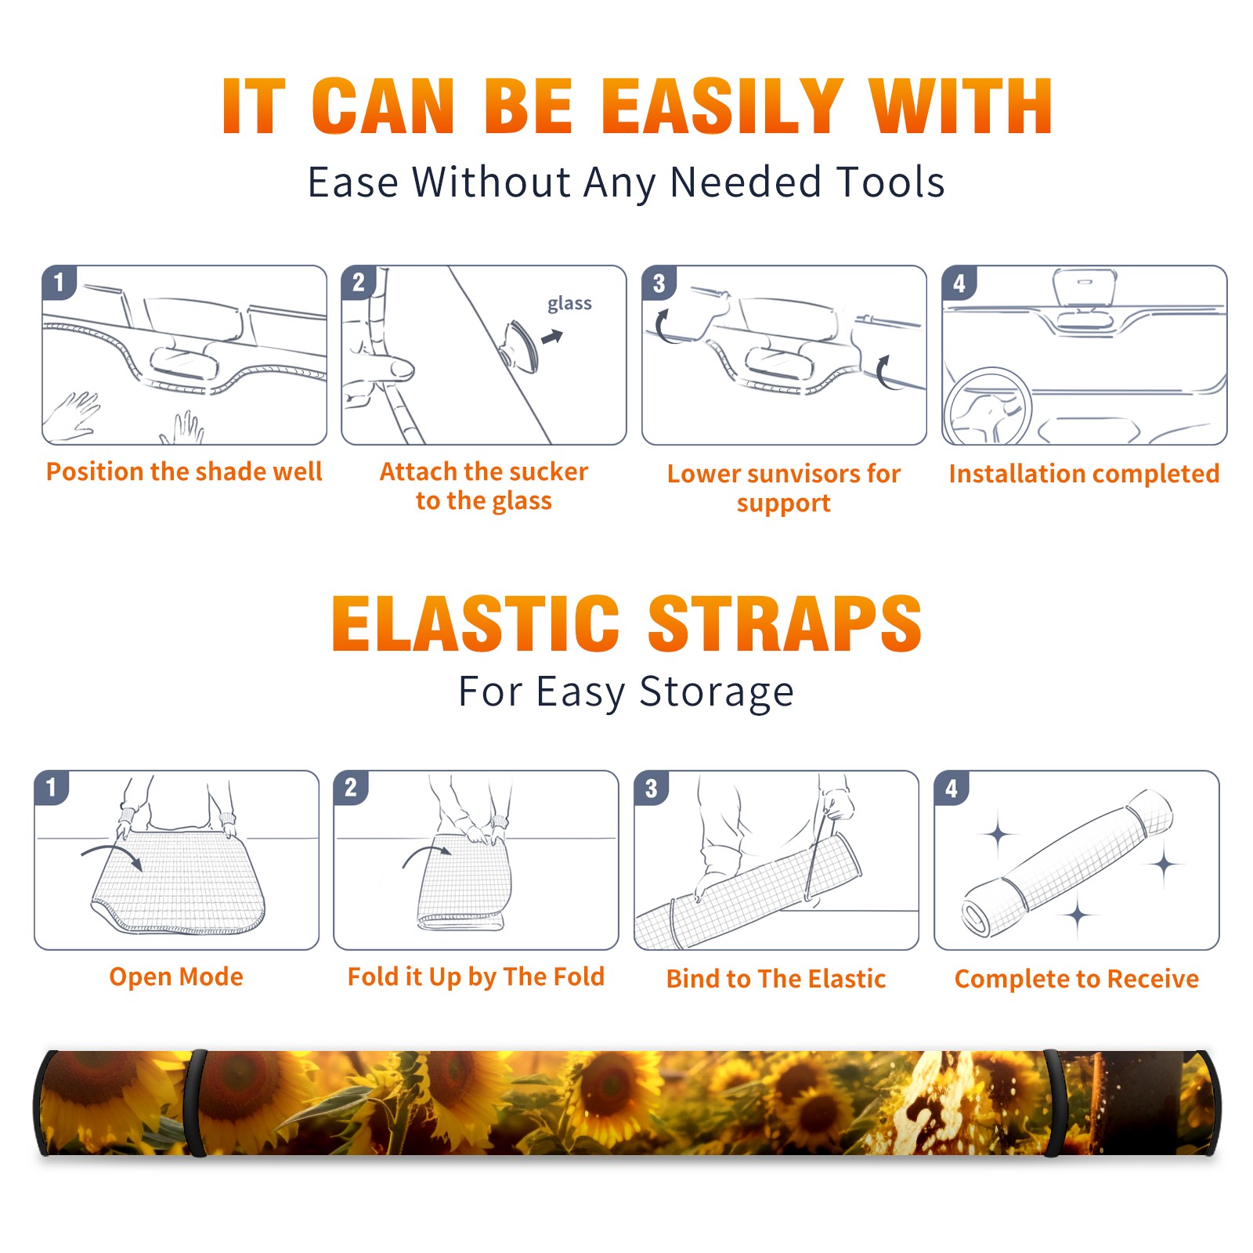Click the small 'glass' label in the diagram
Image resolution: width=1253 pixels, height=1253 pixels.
(569, 304)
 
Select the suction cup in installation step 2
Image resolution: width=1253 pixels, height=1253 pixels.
(519, 346)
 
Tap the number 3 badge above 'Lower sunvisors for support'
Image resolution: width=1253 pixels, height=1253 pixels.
(659, 283)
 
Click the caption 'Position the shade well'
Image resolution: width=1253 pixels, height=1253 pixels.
(184, 471)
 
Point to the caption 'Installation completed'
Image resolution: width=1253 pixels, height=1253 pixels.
(1084, 474)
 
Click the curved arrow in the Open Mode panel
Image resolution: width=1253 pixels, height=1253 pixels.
(111, 854)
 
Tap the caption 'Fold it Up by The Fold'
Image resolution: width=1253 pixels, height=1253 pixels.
(476, 977)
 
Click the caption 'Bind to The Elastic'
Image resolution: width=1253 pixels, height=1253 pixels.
(776, 979)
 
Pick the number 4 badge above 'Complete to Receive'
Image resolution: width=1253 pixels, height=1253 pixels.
(951, 788)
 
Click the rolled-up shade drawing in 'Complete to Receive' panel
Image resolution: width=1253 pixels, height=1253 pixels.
(1067, 862)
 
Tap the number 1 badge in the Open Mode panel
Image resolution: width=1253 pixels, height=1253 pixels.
(52, 788)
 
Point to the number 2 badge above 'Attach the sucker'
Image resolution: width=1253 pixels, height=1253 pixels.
(359, 283)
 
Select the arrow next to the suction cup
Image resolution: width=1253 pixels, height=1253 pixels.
(552, 337)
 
